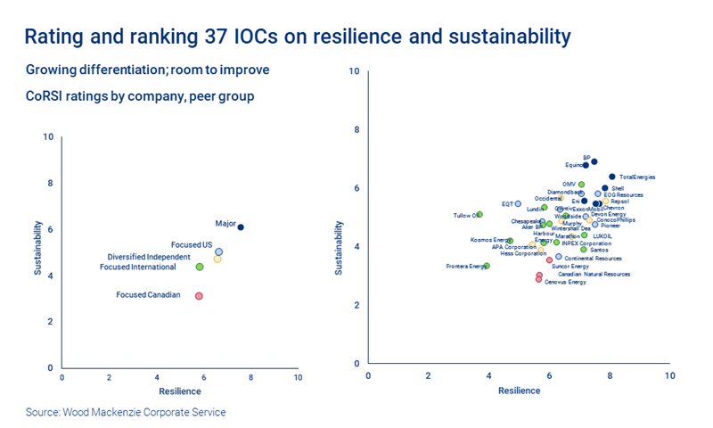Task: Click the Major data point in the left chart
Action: (x=240, y=227)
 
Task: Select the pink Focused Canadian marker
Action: (x=199, y=295)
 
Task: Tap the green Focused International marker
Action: (x=200, y=267)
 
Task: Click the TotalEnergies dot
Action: (x=612, y=177)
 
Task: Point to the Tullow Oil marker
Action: (x=479, y=215)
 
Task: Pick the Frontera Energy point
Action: (x=486, y=266)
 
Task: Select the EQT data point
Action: (x=518, y=204)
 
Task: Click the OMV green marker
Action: (x=581, y=185)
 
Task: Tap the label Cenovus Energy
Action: (x=565, y=282)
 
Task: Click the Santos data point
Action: (x=584, y=250)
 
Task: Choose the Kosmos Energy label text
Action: (x=489, y=240)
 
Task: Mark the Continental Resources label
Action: (x=594, y=258)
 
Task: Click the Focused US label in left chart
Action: (x=191, y=244)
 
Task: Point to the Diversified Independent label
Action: (x=149, y=257)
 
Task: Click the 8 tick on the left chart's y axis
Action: (x=49, y=183)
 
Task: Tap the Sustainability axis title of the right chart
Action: (x=338, y=248)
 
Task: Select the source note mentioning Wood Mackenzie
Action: (x=126, y=412)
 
